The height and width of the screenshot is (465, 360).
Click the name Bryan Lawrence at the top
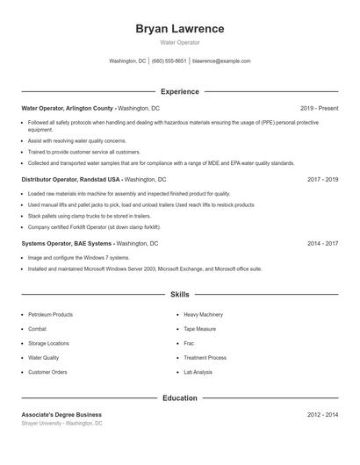point(179,29)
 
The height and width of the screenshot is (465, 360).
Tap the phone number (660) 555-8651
point(169,61)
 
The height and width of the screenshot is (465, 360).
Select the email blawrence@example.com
point(221,61)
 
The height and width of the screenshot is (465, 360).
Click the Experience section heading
point(179,91)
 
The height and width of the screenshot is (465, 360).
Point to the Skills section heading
point(179,295)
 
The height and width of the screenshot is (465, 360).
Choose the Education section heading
point(179,397)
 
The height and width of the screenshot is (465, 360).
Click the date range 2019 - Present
point(319,108)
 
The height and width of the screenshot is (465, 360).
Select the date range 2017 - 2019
point(322,179)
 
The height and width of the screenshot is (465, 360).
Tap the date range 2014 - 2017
point(322,242)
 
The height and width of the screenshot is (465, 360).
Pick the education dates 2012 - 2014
point(322,414)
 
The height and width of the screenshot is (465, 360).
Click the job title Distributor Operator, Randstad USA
point(70,179)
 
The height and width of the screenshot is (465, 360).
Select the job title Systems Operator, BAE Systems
point(67,242)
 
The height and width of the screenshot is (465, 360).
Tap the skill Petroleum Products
point(50,314)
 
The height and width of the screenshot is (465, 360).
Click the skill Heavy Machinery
point(203,314)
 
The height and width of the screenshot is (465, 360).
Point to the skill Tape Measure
point(199,329)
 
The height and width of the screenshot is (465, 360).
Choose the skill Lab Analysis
point(198,372)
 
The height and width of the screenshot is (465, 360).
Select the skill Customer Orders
point(47,372)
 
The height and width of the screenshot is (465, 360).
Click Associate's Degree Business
point(61,414)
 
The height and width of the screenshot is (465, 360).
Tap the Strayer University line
point(61,423)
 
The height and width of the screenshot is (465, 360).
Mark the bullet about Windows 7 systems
point(78,258)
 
